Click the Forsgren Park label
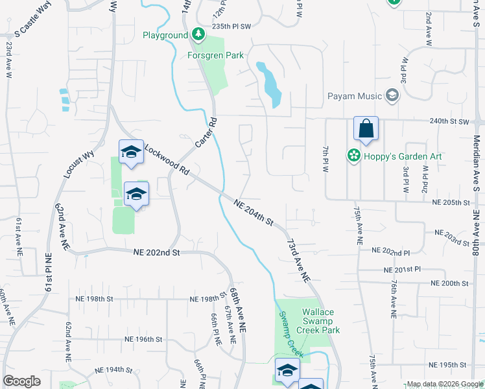(217, 55)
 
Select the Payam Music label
(353, 96)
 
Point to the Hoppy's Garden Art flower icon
(353, 155)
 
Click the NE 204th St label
(253, 211)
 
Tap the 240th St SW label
(450, 121)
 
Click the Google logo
(21, 381)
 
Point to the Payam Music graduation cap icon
(392, 96)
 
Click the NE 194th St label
(113, 370)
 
